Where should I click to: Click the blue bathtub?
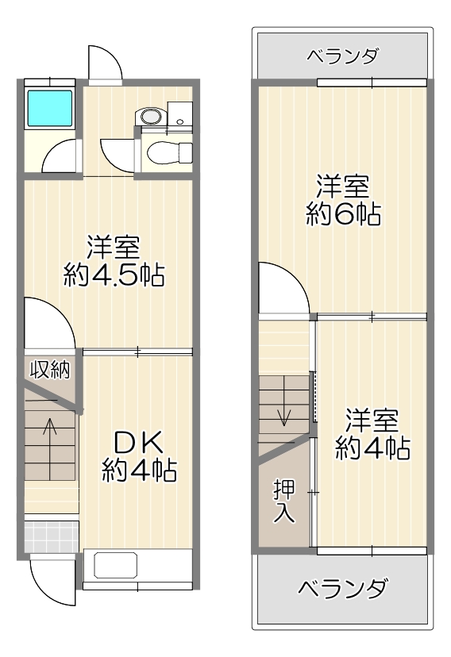tap(49, 108)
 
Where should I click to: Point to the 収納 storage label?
tap(50, 370)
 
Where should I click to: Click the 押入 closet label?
tap(284, 501)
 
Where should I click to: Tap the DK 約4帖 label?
tap(139, 457)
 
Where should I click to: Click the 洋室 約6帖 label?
tap(343, 201)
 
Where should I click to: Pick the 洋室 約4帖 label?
tap(372, 435)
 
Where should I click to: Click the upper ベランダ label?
tap(343, 56)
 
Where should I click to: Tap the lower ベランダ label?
tap(342, 589)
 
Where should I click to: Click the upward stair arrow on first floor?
tap(50, 449)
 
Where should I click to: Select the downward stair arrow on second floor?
tap(284, 401)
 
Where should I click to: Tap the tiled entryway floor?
tap(52, 536)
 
